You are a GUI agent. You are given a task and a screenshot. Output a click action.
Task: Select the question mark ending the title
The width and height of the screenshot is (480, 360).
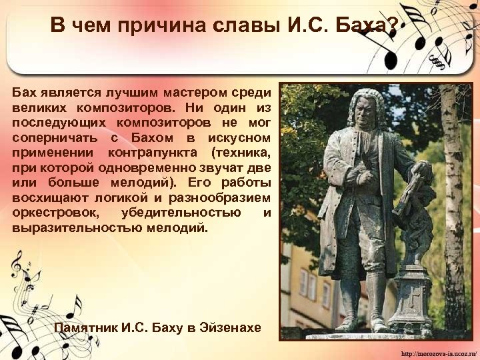point(393,26)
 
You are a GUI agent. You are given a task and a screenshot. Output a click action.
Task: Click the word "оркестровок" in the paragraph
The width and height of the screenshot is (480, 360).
point(55,213)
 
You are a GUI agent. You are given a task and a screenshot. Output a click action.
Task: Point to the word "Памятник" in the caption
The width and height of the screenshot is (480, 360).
point(86,328)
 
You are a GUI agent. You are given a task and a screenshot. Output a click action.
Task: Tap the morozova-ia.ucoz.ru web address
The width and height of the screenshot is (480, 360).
point(437,351)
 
